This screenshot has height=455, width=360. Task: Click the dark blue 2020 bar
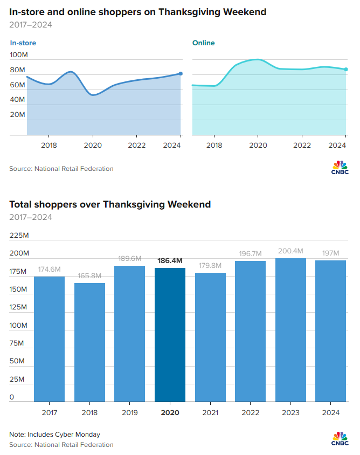170,334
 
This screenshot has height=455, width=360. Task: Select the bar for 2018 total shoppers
89,342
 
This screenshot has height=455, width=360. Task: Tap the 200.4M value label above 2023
290,251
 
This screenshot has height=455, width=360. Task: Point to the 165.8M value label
89,276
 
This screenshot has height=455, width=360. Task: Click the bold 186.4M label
170,261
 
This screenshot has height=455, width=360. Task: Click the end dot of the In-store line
181,73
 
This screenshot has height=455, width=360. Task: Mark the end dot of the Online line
346,69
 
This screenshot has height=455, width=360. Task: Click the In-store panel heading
23,43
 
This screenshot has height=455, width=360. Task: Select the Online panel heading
203,43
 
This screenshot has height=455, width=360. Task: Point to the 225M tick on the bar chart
19,235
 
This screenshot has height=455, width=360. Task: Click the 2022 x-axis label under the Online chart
302,145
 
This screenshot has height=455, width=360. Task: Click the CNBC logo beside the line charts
340,167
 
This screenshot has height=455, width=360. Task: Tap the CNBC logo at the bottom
340,439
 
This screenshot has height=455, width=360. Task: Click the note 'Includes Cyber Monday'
54,435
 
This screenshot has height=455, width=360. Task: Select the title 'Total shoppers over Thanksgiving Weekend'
110,204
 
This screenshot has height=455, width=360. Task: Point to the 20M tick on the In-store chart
18,115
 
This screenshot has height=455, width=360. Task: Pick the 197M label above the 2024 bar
330,253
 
